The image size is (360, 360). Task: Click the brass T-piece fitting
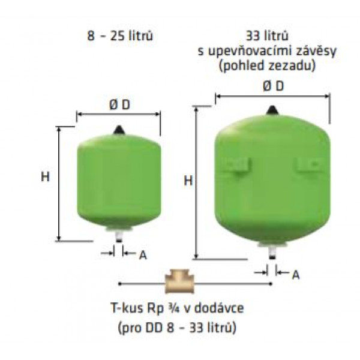pos(179,283)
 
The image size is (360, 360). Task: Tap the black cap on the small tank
pos(118,129)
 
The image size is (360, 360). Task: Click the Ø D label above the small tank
pos(118,104)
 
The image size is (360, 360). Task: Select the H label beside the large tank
pos(187,181)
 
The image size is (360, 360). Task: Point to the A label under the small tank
pos(143,254)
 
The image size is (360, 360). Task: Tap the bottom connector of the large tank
pos(272,250)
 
